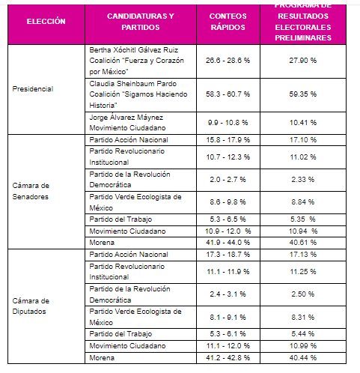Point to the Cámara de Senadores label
point(34,191)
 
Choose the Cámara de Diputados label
point(34,306)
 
